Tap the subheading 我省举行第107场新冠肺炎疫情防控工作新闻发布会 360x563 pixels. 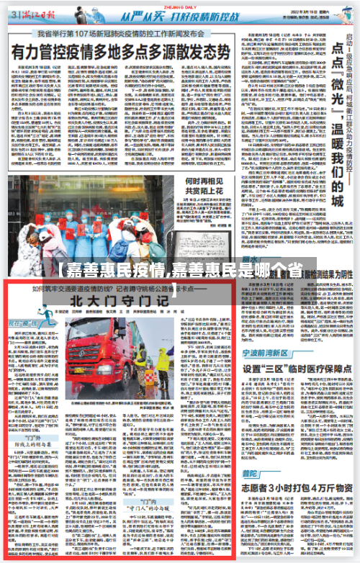point(122,33)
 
